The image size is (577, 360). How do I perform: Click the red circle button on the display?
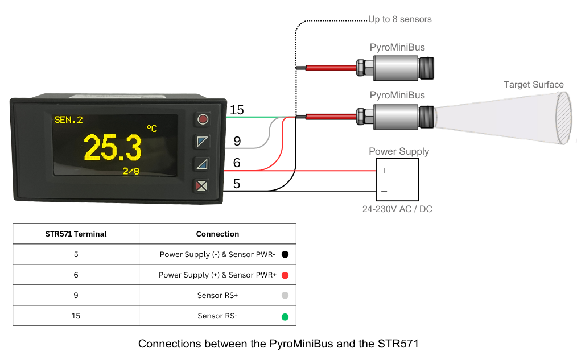(203, 119)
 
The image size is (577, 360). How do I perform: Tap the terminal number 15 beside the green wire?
(237, 110)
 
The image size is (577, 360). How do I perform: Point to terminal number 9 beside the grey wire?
(237, 140)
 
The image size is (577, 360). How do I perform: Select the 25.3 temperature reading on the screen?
(113, 148)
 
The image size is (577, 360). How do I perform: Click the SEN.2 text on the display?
(68, 119)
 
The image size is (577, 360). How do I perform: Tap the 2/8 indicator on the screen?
(131, 171)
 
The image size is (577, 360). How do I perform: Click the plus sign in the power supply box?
(384, 171)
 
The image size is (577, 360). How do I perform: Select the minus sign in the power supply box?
(384, 191)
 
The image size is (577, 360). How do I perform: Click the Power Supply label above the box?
(399, 151)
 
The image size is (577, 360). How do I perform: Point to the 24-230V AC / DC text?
(397, 209)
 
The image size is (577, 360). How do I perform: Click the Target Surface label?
(533, 85)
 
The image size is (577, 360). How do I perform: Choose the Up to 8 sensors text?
(399, 19)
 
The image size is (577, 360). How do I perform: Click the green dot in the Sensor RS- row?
(285, 316)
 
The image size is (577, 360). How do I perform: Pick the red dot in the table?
(285, 275)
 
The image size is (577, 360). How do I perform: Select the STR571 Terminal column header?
(76, 234)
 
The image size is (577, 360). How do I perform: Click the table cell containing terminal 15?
(76, 316)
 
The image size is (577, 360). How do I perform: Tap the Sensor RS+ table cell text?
(217, 295)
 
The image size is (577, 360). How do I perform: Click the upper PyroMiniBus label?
(397, 47)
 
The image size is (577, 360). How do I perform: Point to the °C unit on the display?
(151, 129)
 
